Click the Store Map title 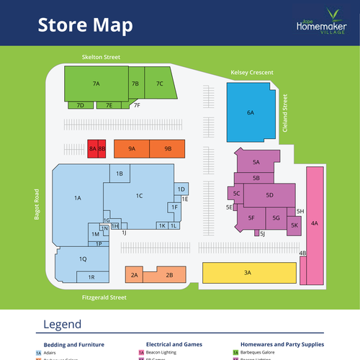pyautogui.click(x=85, y=25)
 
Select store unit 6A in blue pyautogui.click(x=251, y=112)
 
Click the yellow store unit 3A pyautogui.click(x=248, y=272)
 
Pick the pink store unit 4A pyautogui.click(x=315, y=223)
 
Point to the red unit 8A pyautogui.click(x=92, y=148)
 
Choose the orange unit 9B pyautogui.click(x=168, y=148)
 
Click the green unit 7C pyautogui.click(x=160, y=84)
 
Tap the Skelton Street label pyautogui.click(x=101, y=56)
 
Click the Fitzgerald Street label pyautogui.click(x=104, y=297)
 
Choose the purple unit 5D pyautogui.click(x=269, y=195)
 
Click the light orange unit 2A pyautogui.click(x=134, y=275)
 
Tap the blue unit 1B pyautogui.click(x=120, y=174)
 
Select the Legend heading pyautogui.click(x=63, y=324)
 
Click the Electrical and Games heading pyautogui.click(x=174, y=344)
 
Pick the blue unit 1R pyautogui.click(x=91, y=277)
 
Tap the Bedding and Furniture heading pyautogui.click(x=74, y=344)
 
